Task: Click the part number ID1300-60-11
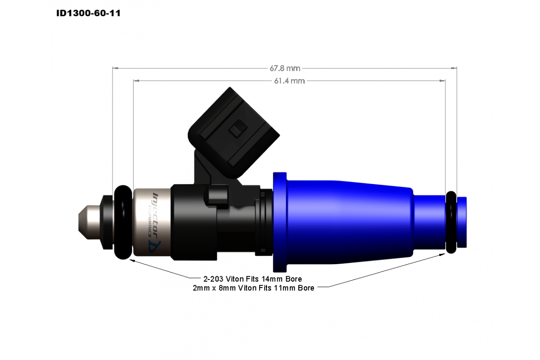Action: click(x=88, y=13)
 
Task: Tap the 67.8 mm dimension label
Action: click(x=284, y=68)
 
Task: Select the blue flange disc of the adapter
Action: click(x=279, y=222)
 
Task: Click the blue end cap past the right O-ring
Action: click(x=462, y=222)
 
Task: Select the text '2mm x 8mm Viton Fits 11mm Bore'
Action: click(x=253, y=288)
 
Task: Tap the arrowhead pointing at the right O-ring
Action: click(x=441, y=255)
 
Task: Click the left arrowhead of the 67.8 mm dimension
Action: click(x=115, y=68)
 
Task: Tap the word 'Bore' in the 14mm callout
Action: click(x=293, y=279)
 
